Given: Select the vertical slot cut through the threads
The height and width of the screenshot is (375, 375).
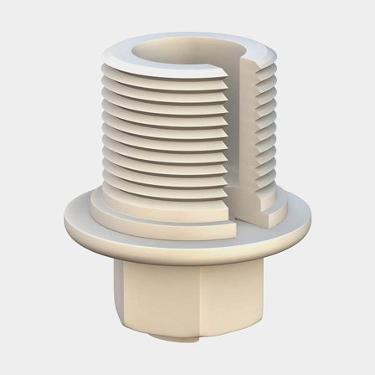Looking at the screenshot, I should pos(250,134).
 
